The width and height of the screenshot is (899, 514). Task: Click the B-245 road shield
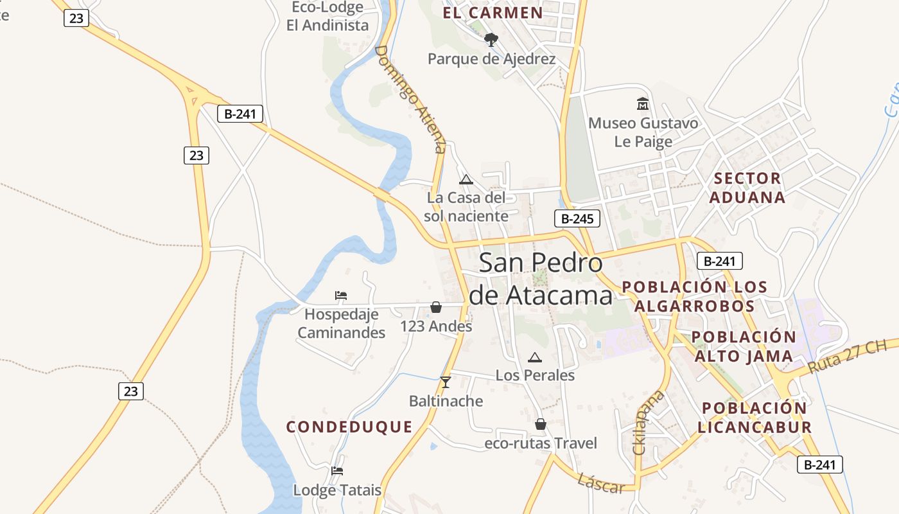pyautogui.click(x=577, y=218)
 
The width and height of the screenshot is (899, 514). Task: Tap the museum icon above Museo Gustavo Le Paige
pyautogui.click(x=643, y=103)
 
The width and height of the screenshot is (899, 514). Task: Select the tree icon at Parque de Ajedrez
pyautogui.click(x=491, y=40)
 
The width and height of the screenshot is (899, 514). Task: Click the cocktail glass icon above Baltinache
pyautogui.click(x=446, y=382)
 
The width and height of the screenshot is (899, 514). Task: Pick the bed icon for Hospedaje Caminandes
pyautogui.click(x=341, y=296)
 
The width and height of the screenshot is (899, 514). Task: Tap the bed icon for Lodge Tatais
pyautogui.click(x=337, y=471)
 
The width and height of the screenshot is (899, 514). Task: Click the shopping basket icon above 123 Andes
pyautogui.click(x=436, y=307)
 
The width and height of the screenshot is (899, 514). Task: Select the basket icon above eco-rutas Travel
pyautogui.click(x=541, y=424)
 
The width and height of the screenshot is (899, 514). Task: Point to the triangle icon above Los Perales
pyautogui.click(x=535, y=357)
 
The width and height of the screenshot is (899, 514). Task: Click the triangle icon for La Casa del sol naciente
pyautogui.click(x=466, y=179)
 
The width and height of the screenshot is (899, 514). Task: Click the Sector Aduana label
pyautogui.click(x=747, y=188)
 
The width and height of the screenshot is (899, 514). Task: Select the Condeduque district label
pyautogui.click(x=349, y=427)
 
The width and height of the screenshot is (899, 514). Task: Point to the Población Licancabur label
pyautogui.click(x=755, y=417)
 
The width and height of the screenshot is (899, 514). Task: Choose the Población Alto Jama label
pyautogui.click(x=744, y=346)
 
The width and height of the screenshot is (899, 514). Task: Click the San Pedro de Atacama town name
pyautogui.click(x=541, y=279)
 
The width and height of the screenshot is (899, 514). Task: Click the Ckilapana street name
pyautogui.click(x=648, y=422)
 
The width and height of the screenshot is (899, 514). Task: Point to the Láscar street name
pyautogui.click(x=601, y=483)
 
